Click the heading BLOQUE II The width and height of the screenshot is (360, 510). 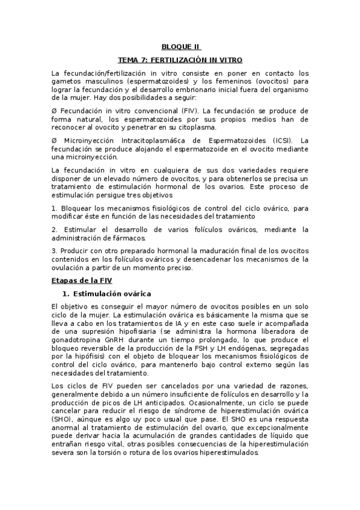(181, 47)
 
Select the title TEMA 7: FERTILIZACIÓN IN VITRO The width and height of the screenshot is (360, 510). (180, 60)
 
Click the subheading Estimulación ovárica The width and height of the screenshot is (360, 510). (111, 293)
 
